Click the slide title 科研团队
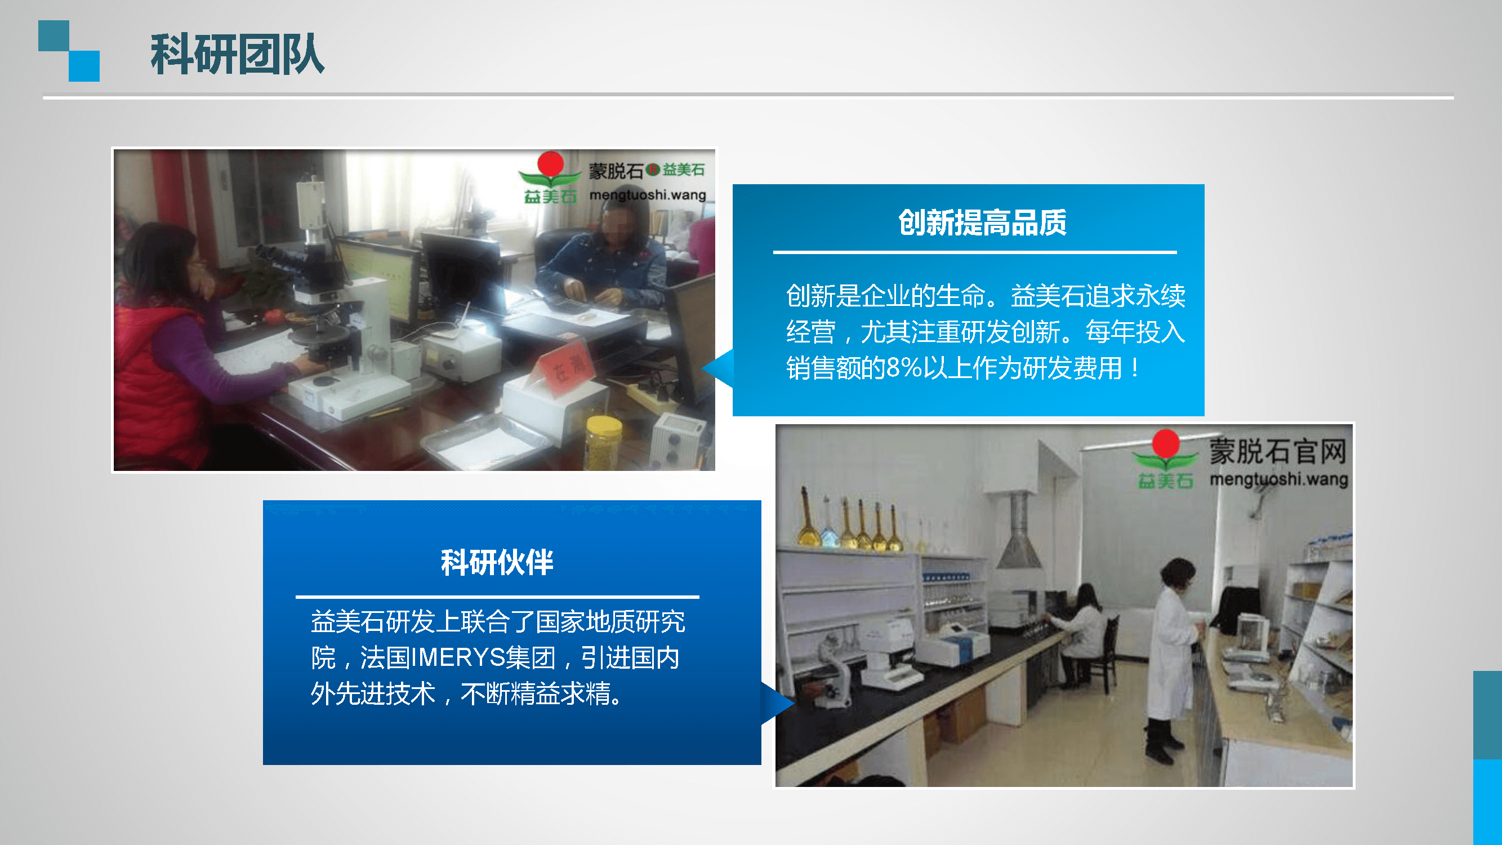click(x=237, y=54)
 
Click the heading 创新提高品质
click(x=983, y=222)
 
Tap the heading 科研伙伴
click(x=497, y=563)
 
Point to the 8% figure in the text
click(x=903, y=368)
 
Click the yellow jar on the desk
click(x=604, y=443)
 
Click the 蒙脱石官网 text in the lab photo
click(x=1277, y=451)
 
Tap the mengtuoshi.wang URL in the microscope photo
click(x=647, y=195)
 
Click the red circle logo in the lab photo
click(x=1166, y=442)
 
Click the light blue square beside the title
click(x=84, y=66)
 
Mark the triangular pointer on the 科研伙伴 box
click(x=777, y=703)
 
